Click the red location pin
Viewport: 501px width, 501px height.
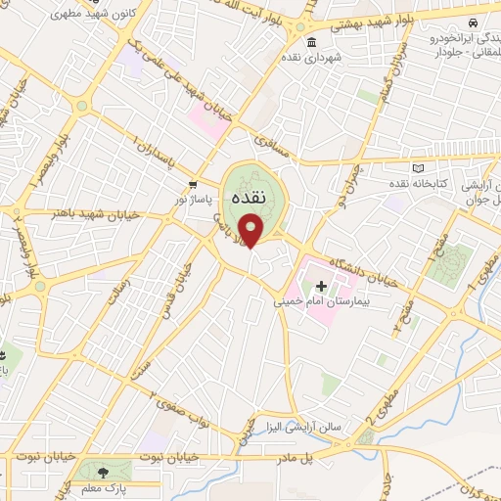[252, 232]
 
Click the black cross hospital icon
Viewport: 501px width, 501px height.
[321, 286]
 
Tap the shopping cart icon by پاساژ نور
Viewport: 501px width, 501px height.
[194, 183]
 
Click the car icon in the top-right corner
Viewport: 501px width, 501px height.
[473, 22]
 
